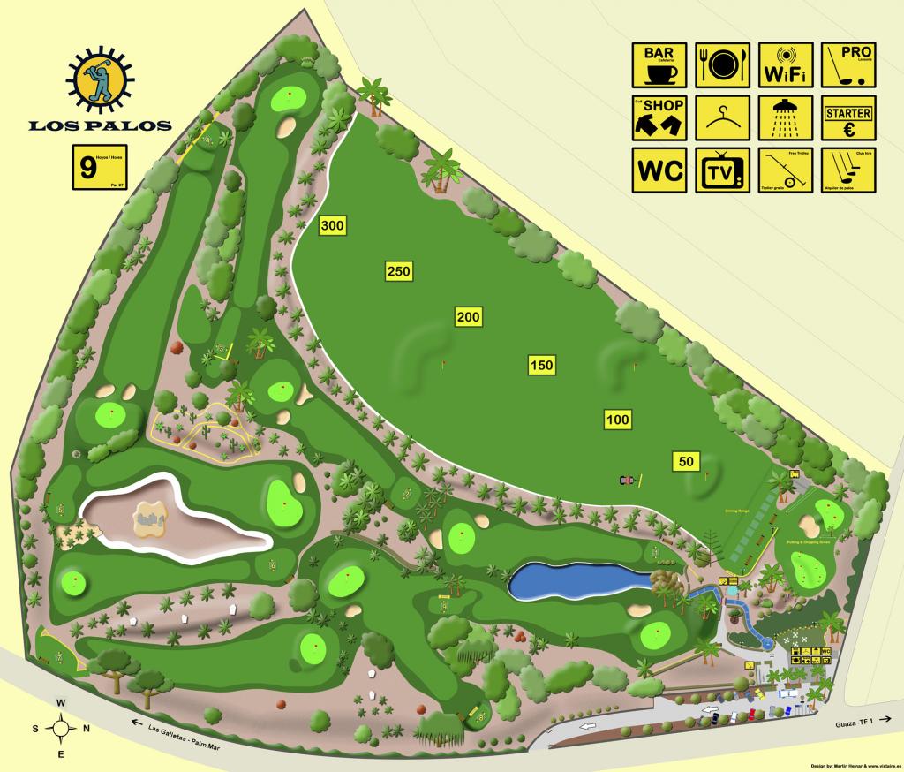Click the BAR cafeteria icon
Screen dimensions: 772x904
(659, 65)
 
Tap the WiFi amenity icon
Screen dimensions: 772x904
(785, 65)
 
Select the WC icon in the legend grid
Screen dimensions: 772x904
(659, 170)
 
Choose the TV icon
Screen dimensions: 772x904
(722, 170)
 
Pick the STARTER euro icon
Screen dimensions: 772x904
(847, 117)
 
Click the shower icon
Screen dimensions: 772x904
(785, 117)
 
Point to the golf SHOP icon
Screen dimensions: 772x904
(659, 117)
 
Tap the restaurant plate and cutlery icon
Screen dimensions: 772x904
(722, 65)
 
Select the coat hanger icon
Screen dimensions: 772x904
(722, 117)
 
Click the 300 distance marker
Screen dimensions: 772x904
(332, 226)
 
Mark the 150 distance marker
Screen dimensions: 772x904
(541, 364)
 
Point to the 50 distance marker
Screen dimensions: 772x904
(685, 460)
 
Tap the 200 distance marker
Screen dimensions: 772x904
(468, 316)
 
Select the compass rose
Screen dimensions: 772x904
(61, 728)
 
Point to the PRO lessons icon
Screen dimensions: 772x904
(847, 65)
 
